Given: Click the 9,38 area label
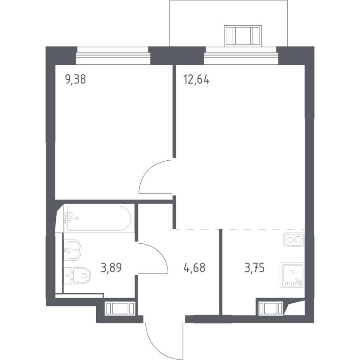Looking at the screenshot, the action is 76,80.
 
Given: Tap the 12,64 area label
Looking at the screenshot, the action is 197,80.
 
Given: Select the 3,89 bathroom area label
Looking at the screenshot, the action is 111,268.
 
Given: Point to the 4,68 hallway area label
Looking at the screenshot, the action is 194,268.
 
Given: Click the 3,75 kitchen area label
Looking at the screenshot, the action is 254,268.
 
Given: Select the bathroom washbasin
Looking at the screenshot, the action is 72,250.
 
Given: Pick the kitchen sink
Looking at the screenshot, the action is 292,275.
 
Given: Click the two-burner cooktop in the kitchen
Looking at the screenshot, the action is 294,240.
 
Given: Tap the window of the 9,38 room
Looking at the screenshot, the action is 113,56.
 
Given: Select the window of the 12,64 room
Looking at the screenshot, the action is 241,56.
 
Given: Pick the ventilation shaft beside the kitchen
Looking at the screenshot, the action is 270,308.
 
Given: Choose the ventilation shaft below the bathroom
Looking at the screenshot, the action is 120,308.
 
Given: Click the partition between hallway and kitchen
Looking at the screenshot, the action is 221,272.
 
